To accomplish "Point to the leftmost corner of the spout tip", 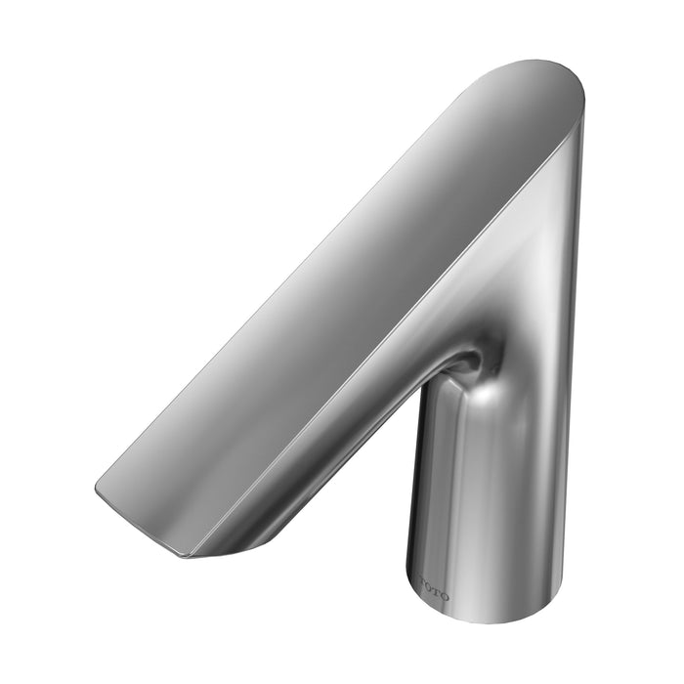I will click(96, 486).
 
